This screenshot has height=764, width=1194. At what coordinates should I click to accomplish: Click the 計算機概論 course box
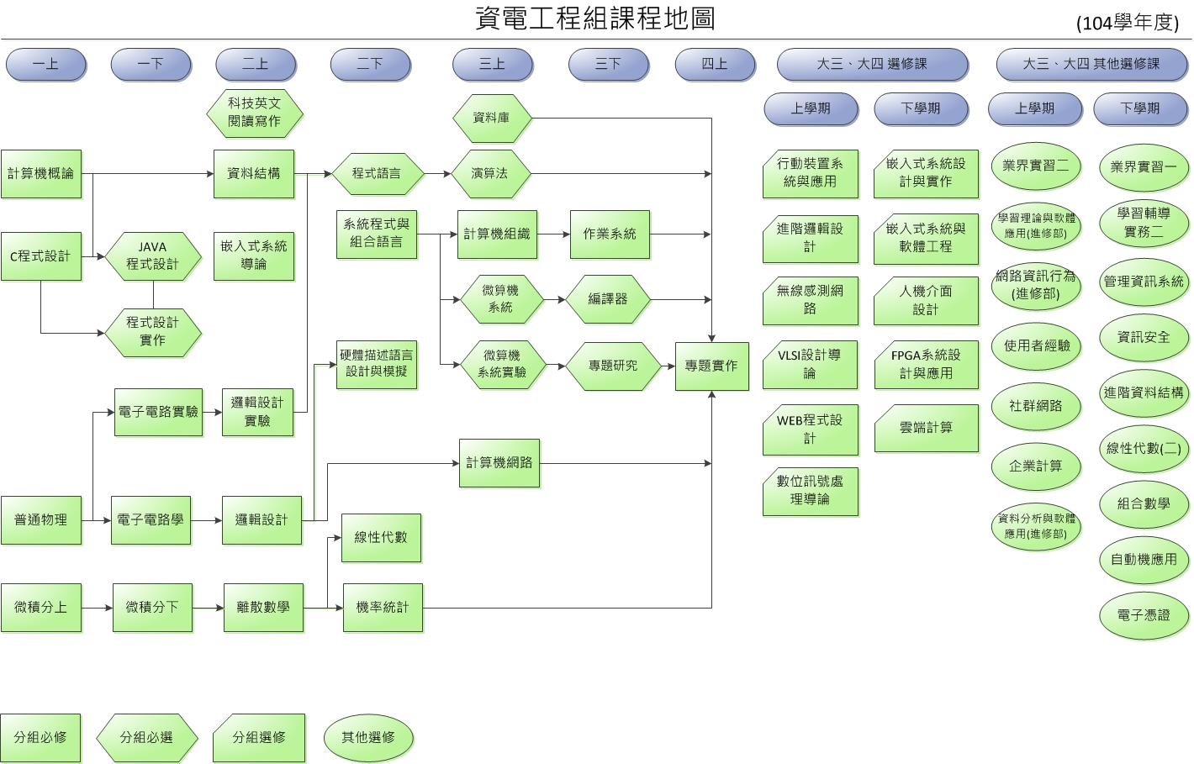(40, 174)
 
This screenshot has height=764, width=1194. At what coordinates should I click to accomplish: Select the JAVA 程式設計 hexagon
(153, 256)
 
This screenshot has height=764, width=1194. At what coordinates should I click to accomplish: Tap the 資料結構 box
(254, 174)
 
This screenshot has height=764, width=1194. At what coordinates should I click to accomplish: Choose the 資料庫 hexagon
(491, 118)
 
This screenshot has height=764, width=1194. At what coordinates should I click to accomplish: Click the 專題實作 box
(711, 366)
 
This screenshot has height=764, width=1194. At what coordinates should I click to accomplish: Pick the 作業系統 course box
(610, 234)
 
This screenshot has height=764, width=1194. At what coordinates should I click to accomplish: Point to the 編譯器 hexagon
(608, 299)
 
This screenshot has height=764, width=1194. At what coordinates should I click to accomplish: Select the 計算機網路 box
(499, 462)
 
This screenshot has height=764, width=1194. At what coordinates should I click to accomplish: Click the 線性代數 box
(381, 537)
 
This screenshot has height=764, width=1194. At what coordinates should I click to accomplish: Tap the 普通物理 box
(40, 520)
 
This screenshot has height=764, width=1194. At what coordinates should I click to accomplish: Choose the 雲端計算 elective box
(926, 428)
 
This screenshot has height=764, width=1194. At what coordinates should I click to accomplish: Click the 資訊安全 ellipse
(1144, 337)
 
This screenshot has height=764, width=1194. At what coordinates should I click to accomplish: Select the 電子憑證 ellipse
(1144, 615)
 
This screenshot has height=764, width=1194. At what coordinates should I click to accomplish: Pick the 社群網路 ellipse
(1035, 406)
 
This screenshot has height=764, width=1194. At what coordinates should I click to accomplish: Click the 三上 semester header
(493, 64)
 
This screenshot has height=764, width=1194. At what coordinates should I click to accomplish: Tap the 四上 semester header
(715, 64)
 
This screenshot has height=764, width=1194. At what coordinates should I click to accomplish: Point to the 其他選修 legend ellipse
(368, 737)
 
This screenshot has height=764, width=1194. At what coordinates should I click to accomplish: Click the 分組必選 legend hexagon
(146, 737)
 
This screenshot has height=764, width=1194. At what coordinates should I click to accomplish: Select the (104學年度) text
(1128, 23)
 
